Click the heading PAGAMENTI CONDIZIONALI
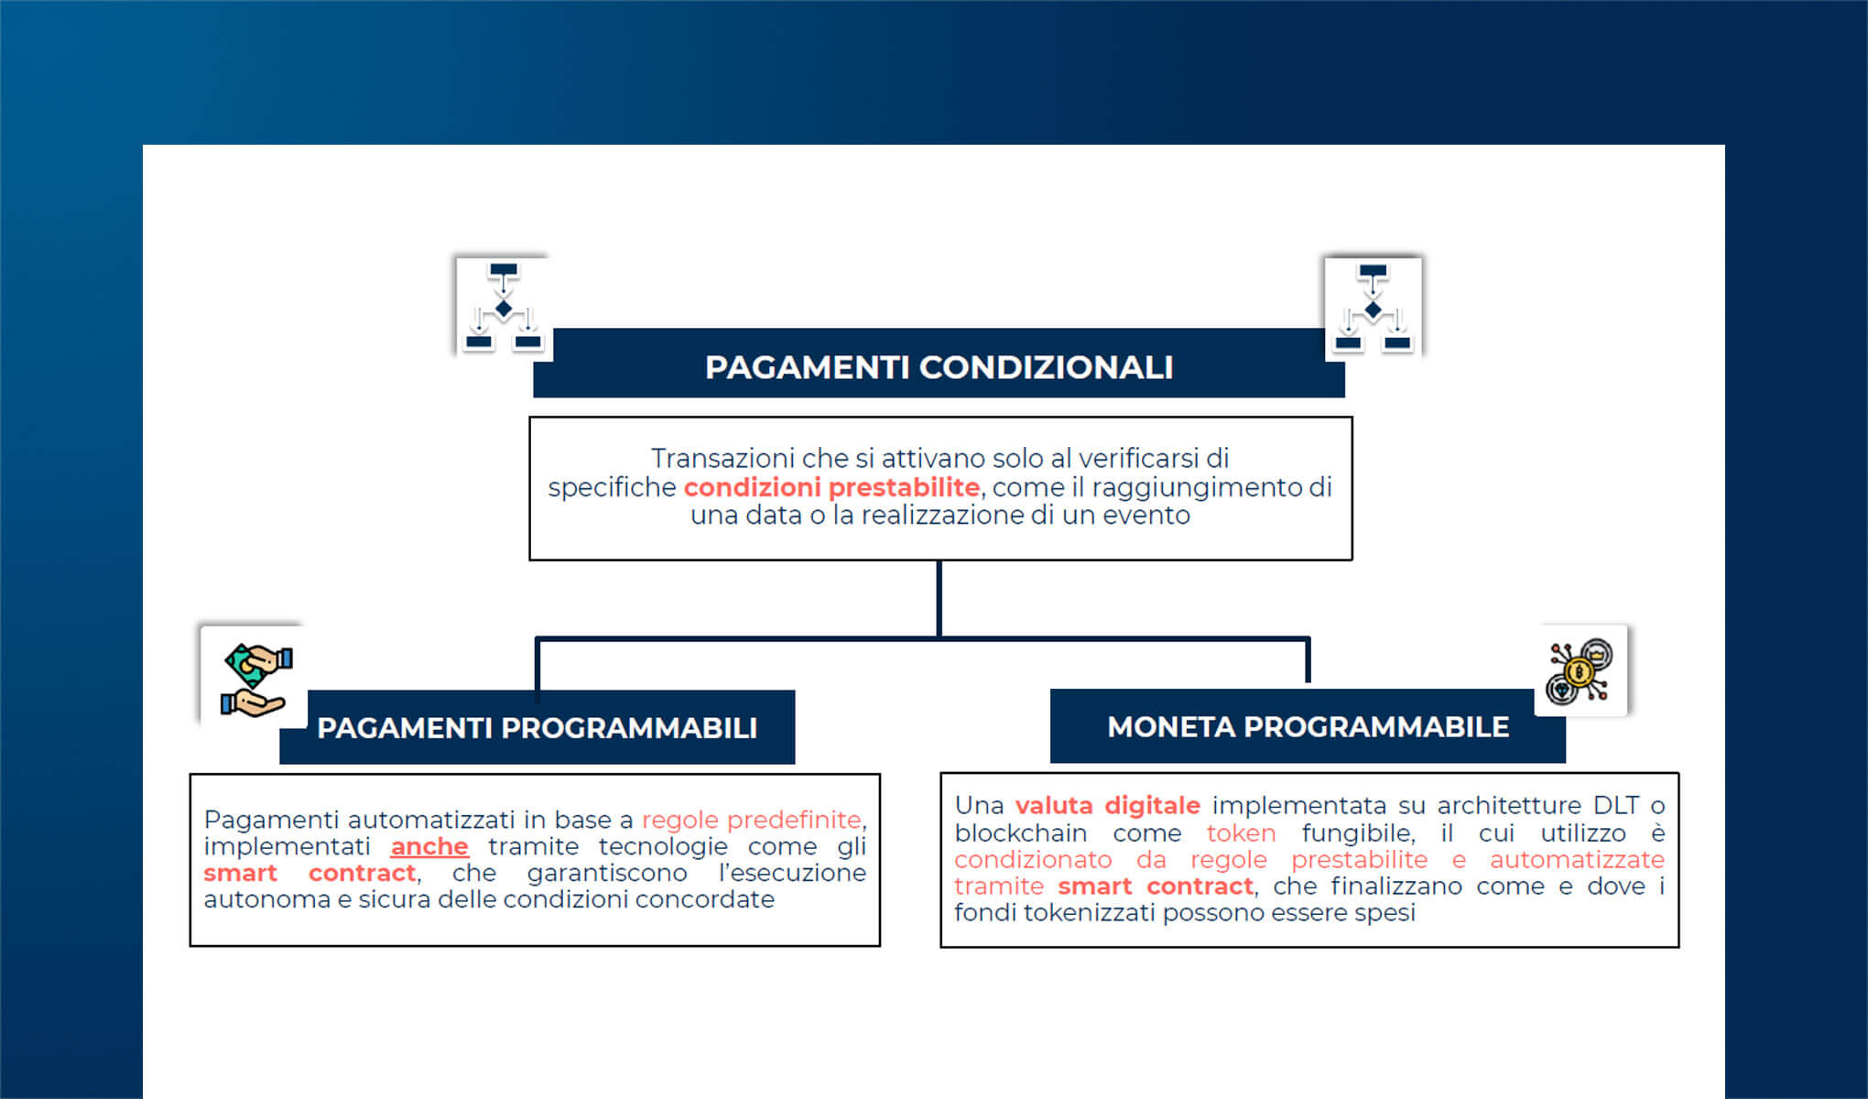point(939,367)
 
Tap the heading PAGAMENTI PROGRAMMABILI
point(537,728)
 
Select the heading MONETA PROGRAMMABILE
point(1308,727)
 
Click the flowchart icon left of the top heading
point(503,306)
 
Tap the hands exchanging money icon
point(255,679)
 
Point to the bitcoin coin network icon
point(1580,671)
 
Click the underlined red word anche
point(429,846)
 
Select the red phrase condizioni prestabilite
point(831,487)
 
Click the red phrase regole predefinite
point(751,820)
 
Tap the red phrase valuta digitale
point(1107,806)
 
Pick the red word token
point(1241,833)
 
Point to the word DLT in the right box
point(1615,806)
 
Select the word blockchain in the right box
point(1020,833)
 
